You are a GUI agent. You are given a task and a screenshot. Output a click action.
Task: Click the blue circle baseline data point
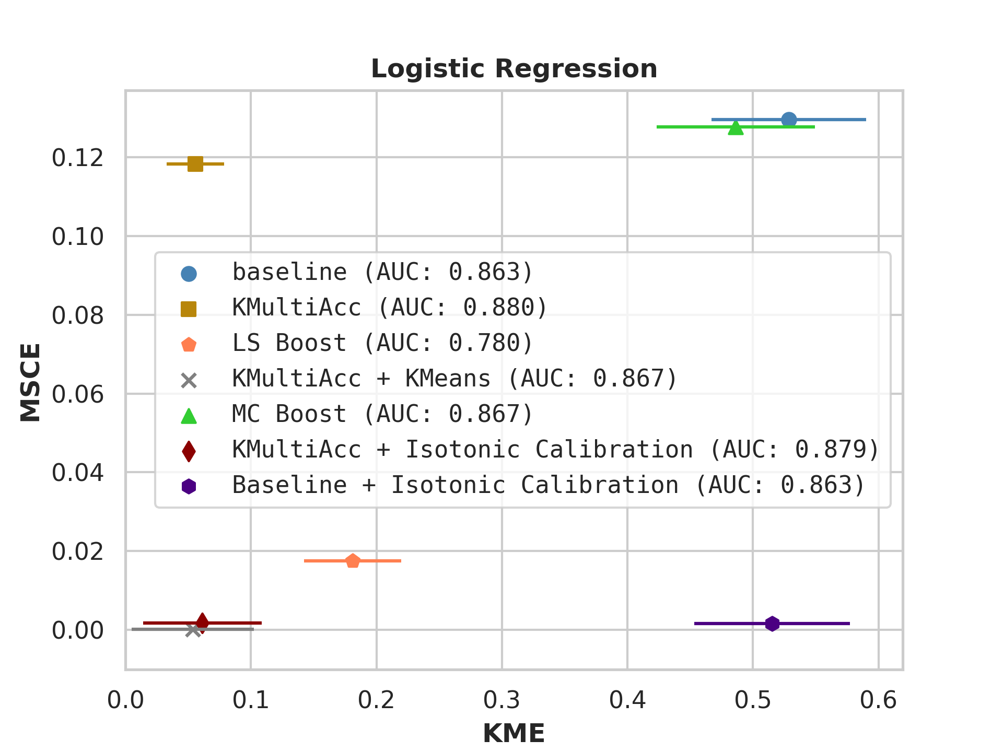coord(789,120)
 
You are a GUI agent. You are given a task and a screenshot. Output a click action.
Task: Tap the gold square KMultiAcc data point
coord(195,164)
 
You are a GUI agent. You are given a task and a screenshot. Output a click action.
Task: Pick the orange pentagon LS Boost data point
coord(353,561)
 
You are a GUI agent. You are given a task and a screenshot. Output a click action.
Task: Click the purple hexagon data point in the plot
coord(773,624)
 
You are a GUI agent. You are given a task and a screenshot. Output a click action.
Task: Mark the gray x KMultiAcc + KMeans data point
coord(193,630)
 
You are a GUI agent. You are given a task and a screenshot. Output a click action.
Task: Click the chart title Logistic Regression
coord(514,69)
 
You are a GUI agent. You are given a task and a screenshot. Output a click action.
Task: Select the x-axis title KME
coord(514,733)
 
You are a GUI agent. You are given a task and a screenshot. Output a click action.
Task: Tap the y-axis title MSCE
coord(30,382)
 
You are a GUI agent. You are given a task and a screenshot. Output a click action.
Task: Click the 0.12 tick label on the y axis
coord(78,158)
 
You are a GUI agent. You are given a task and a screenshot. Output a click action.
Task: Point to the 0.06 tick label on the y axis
coord(78,394)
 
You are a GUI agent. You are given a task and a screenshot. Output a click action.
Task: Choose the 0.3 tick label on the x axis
coord(502,700)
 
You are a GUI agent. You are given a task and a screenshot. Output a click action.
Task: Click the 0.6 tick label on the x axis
coord(879,700)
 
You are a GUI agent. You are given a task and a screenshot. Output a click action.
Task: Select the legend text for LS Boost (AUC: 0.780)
coord(382,343)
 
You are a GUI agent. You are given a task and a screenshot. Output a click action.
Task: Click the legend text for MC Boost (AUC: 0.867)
coord(382,414)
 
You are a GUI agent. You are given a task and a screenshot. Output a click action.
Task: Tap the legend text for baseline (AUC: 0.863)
coord(382,272)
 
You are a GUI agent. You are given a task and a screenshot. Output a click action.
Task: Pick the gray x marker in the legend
coord(189,380)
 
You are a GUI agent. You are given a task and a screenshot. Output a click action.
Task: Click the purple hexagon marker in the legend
coord(189,486)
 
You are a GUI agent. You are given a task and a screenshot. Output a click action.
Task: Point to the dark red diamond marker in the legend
coord(189,451)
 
